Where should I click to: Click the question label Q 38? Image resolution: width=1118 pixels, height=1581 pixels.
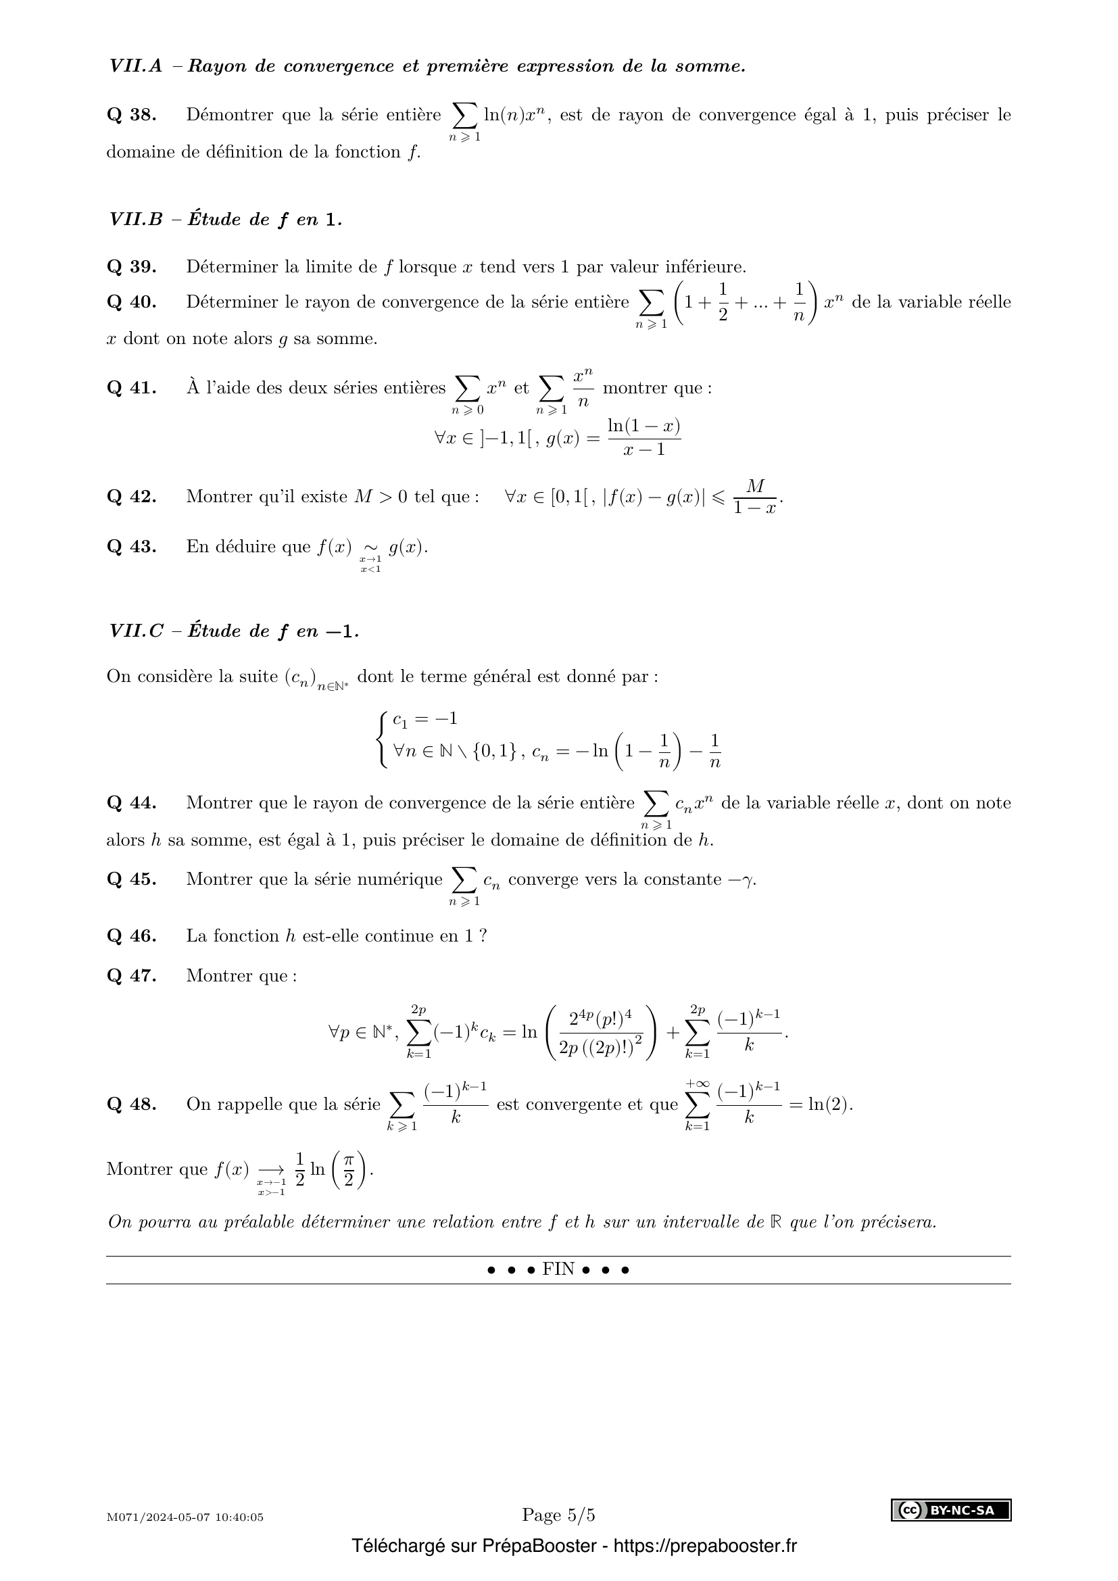click(132, 115)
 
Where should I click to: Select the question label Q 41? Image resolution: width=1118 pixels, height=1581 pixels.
click(132, 388)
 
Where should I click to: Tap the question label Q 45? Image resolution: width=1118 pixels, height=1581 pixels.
click(132, 879)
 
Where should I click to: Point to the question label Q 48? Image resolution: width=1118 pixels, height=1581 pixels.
click(132, 1104)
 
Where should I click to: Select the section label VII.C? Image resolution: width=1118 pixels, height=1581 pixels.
click(137, 631)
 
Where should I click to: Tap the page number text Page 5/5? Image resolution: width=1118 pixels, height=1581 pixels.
click(558, 1515)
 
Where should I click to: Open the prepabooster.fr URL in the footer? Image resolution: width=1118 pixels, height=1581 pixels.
click(705, 1546)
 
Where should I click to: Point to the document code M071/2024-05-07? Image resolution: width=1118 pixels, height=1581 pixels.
click(185, 1517)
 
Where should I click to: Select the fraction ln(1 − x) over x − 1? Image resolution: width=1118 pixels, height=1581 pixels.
click(643, 437)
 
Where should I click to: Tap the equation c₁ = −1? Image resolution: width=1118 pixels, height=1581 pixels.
click(424, 720)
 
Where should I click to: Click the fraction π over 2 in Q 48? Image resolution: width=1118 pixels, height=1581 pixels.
click(349, 1170)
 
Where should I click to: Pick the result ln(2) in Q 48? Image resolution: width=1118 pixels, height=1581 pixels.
click(830, 1104)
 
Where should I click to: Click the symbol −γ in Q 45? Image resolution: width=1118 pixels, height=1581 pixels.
click(741, 880)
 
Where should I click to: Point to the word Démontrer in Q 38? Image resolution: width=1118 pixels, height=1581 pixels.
click(230, 115)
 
